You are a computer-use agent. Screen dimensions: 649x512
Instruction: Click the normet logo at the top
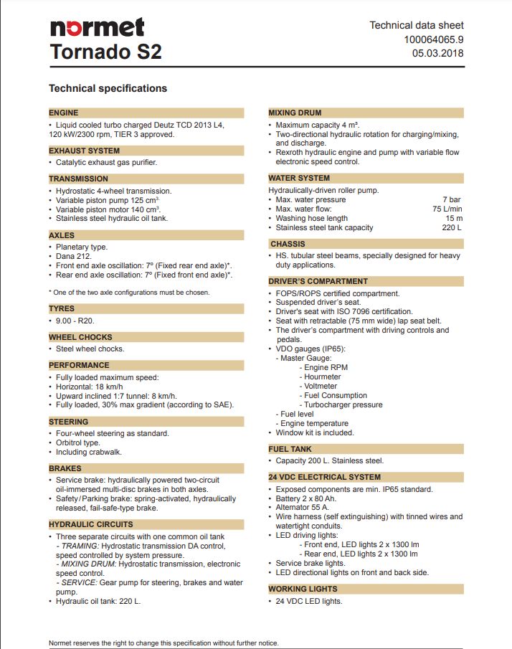(97, 27)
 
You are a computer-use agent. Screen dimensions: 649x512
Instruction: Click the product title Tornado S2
(105, 52)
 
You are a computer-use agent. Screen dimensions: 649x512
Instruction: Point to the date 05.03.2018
(437, 53)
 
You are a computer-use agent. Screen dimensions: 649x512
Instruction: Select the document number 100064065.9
(434, 39)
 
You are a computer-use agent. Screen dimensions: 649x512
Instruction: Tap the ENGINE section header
(64, 113)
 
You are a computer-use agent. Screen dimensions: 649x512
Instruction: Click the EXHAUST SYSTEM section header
(84, 151)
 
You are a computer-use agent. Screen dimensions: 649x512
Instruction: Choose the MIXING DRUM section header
(295, 113)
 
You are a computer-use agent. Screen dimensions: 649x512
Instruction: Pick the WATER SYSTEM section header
(299, 178)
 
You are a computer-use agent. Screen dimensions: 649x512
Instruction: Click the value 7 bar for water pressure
(452, 199)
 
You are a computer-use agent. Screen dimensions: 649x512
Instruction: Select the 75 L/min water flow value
(447, 209)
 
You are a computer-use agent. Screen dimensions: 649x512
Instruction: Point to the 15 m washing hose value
(454, 218)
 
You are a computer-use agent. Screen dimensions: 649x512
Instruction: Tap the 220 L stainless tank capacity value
(452, 227)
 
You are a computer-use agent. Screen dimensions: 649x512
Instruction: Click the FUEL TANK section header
(291, 449)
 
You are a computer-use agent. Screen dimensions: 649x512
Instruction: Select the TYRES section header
(62, 308)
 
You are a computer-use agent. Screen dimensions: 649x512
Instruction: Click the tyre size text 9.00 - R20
(75, 321)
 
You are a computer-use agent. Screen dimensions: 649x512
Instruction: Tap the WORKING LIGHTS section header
(303, 589)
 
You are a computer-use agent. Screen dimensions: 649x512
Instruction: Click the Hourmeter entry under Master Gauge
(323, 376)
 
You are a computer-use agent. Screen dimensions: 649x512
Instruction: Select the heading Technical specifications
(108, 88)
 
